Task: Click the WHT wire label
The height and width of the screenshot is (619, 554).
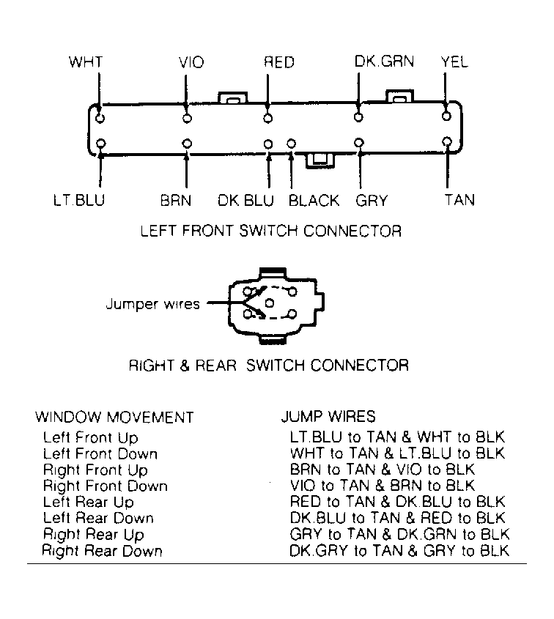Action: click(x=85, y=62)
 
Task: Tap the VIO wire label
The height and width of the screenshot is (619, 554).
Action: click(x=191, y=62)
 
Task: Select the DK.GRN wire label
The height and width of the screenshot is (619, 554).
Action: click(x=384, y=62)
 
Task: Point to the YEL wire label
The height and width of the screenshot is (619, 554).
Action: click(x=454, y=62)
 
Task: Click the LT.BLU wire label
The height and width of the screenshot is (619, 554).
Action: click(x=79, y=200)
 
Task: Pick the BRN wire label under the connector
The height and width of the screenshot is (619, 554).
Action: click(x=176, y=201)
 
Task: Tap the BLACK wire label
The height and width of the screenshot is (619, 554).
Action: click(x=314, y=201)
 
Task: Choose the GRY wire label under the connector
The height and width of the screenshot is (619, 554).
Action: click(x=372, y=201)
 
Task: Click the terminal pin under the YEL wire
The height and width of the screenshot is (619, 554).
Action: click(x=446, y=116)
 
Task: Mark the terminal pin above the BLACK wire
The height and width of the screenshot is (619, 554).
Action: click(x=292, y=144)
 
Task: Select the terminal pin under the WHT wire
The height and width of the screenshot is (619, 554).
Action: click(x=100, y=118)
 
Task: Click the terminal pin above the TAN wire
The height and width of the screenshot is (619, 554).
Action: click(x=447, y=141)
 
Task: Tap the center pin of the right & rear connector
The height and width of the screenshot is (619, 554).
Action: click(x=270, y=303)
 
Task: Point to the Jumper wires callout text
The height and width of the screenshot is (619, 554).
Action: click(x=153, y=304)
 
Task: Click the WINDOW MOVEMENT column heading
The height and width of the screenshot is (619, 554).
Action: click(x=114, y=418)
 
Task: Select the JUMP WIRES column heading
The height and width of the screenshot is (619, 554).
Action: click(x=328, y=417)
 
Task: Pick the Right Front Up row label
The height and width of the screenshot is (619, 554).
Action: click(x=95, y=470)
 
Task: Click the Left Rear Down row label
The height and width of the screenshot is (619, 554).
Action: click(x=98, y=518)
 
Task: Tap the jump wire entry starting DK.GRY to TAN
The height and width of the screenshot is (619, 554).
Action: click(x=399, y=550)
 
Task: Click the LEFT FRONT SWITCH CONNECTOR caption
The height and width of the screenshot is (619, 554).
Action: click(x=271, y=231)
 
